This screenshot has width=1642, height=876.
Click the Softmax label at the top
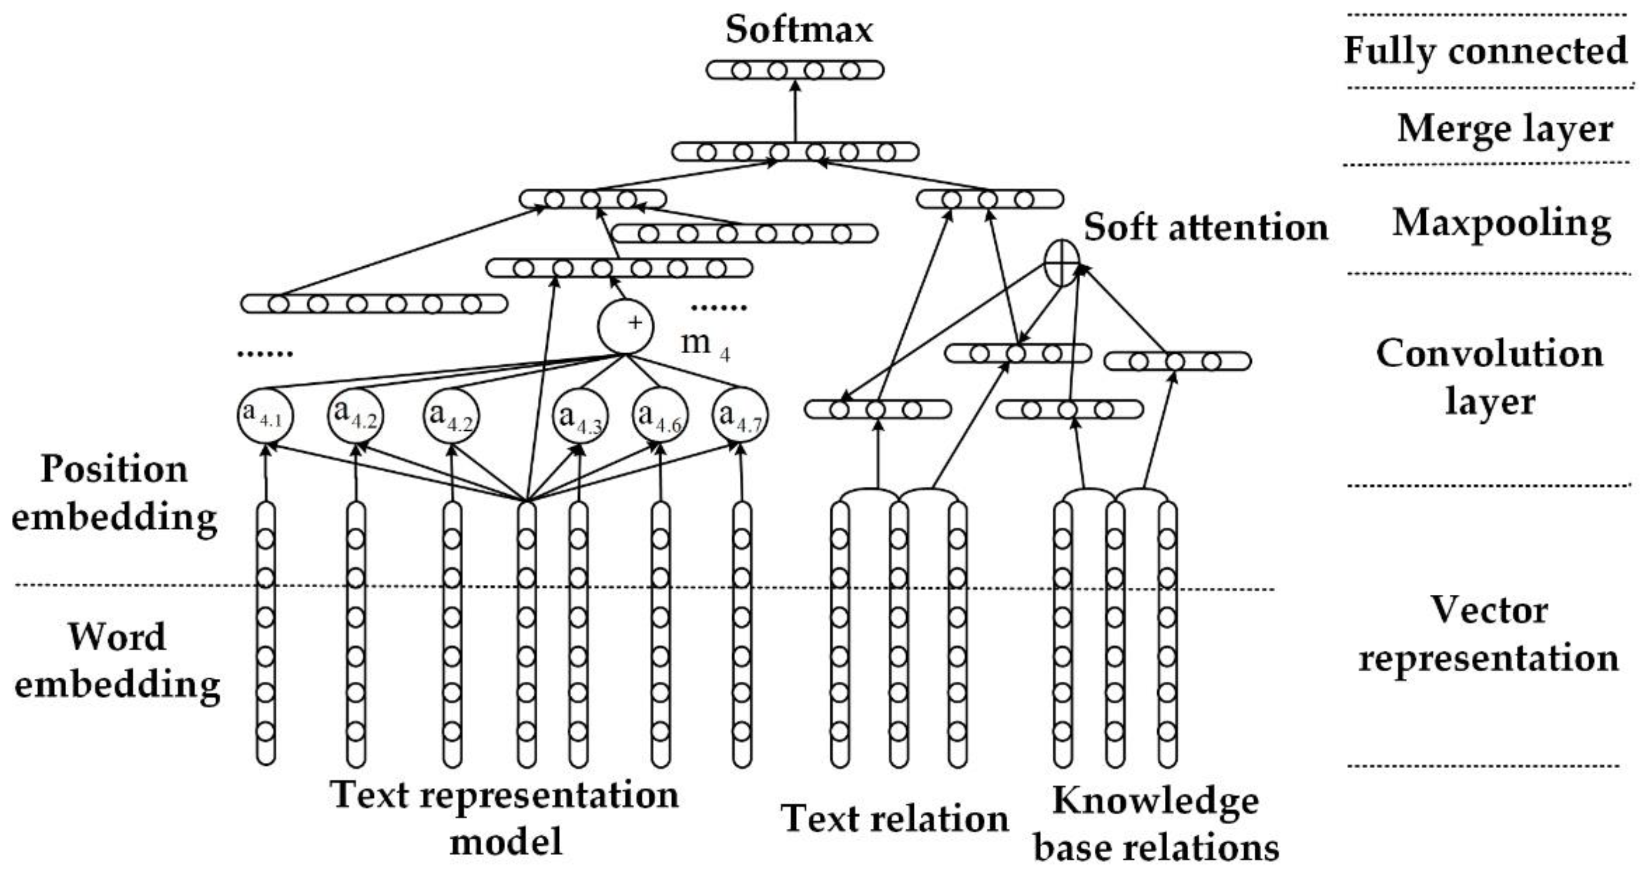pyautogui.click(x=799, y=29)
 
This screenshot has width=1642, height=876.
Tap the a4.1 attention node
pyautogui.click(x=265, y=415)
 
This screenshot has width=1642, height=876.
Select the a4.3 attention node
pyautogui.click(x=580, y=415)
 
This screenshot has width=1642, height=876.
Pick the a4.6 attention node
pyautogui.click(x=660, y=415)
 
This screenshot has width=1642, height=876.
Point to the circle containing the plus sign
pyautogui.click(x=625, y=326)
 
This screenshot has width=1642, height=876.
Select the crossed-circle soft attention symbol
pyautogui.click(x=1062, y=262)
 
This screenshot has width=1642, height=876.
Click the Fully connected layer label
pyautogui.click(x=1485, y=51)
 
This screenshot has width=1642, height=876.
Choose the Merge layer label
pyautogui.click(x=1504, y=129)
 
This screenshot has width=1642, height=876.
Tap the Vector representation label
pyautogui.click(x=1489, y=634)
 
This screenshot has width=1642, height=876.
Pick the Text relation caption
pyautogui.click(x=894, y=819)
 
